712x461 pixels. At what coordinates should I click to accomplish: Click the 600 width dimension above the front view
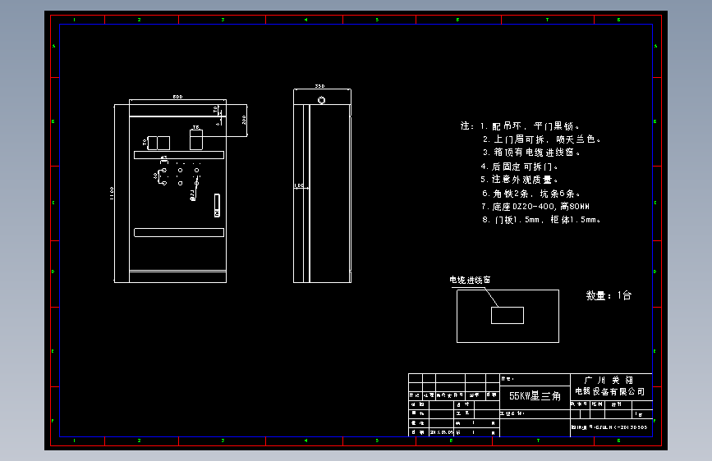coord(177,98)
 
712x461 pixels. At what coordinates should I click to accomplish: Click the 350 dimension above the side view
coord(320,86)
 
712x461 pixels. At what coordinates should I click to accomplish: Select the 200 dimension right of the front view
coord(244,119)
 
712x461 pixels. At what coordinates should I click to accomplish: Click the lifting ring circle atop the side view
coord(322,100)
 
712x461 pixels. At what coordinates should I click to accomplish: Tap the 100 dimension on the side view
coord(299,186)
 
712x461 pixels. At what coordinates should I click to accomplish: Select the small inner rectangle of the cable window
coord(507,315)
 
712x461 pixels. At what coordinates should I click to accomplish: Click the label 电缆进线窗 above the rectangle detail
coord(470,280)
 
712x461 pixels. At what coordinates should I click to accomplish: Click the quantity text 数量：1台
coord(609,295)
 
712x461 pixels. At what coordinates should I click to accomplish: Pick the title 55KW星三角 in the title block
coord(535,396)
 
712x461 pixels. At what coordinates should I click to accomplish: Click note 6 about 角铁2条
coord(531,194)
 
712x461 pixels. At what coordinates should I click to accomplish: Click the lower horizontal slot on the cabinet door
coord(179,233)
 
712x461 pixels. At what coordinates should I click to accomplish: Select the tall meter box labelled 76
coord(196,141)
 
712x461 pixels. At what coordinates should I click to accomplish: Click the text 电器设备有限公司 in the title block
coord(609,391)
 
